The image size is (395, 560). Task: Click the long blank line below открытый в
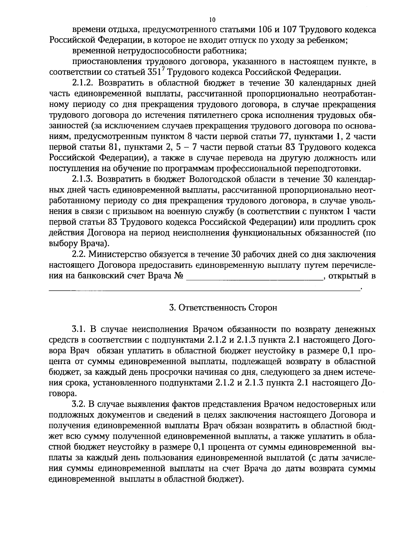(204, 290)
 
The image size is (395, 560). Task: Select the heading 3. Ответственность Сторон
(223, 308)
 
